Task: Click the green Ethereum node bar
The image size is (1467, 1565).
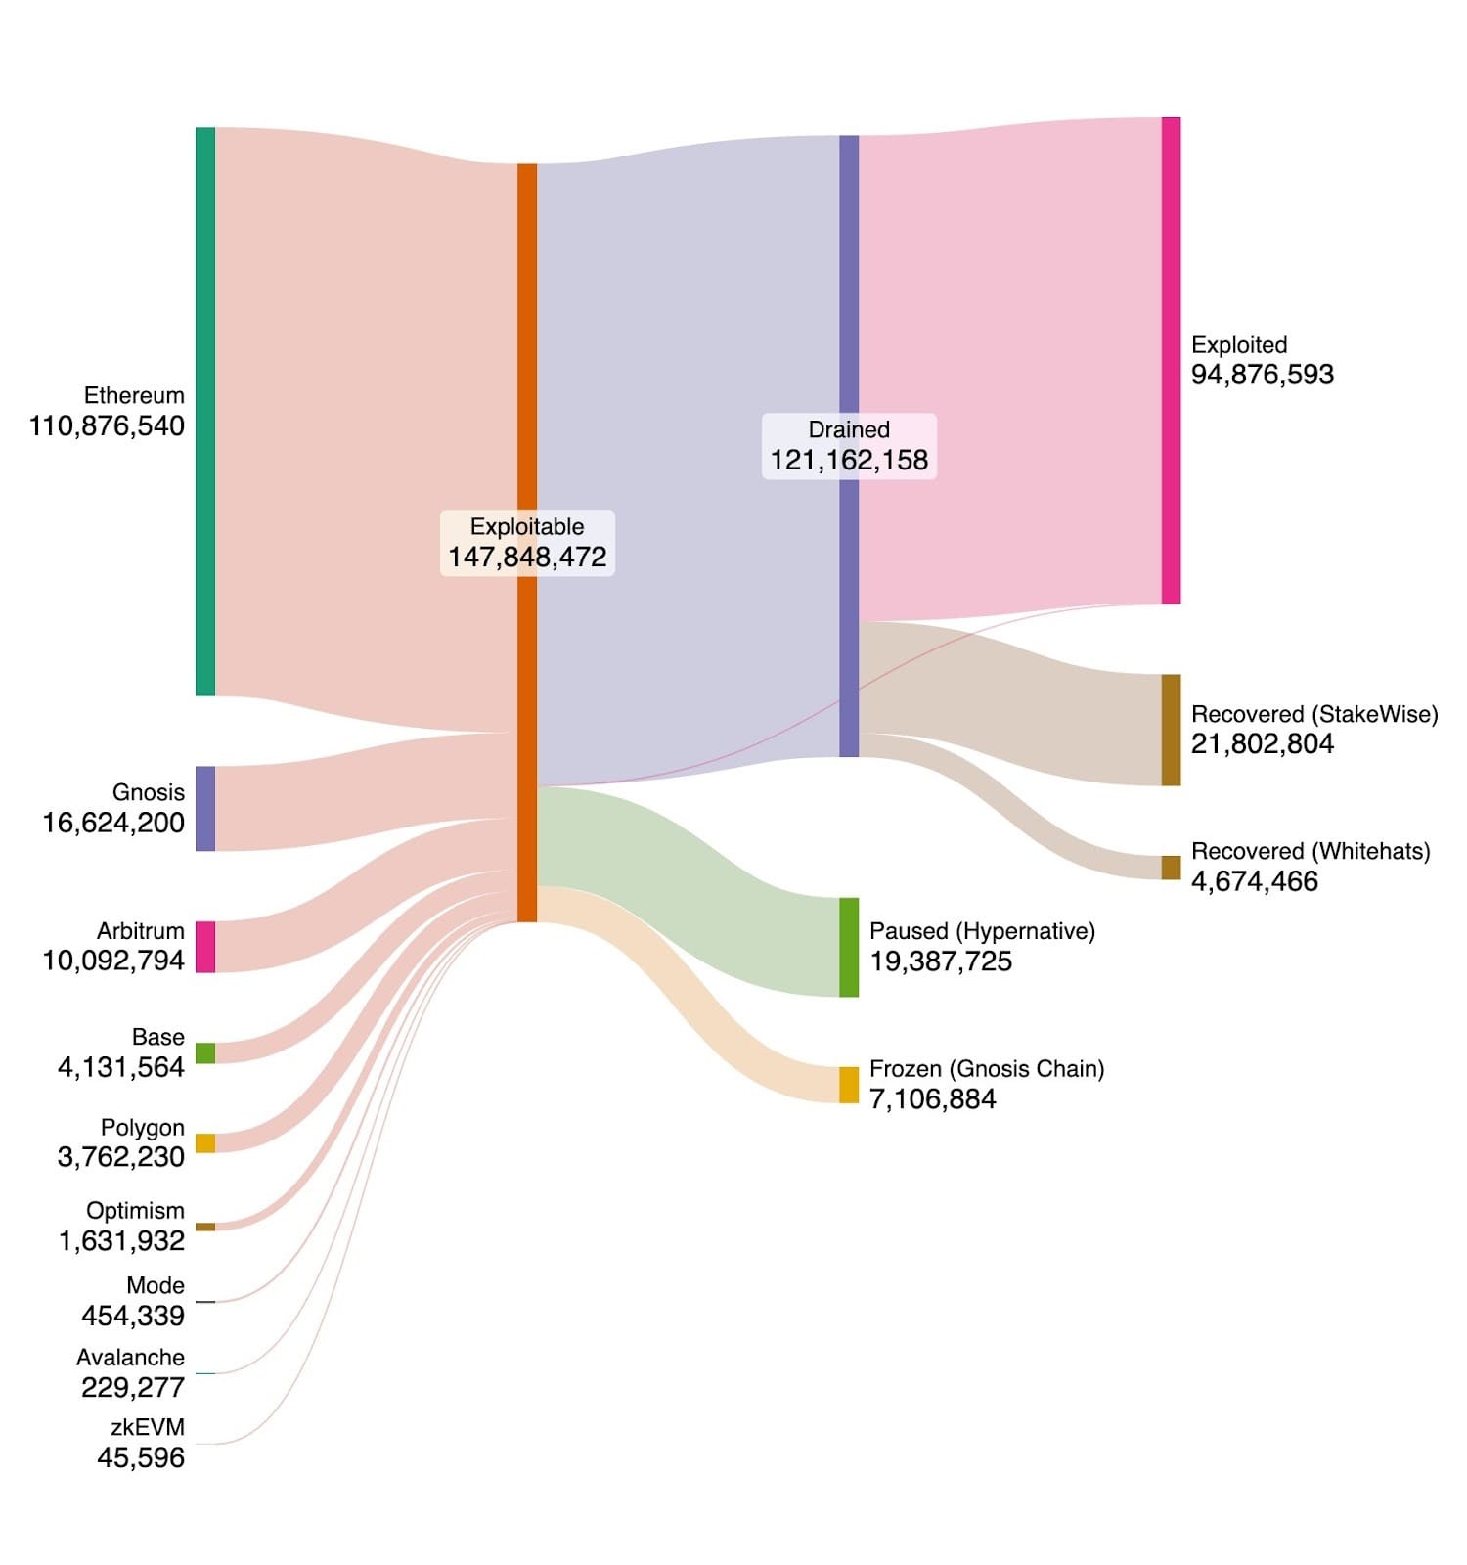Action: click(x=205, y=411)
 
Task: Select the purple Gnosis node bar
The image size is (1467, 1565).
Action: click(x=205, y=808)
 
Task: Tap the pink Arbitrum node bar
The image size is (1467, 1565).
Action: click(x=205, y=947)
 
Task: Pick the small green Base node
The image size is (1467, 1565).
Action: click(x=205, y=1052)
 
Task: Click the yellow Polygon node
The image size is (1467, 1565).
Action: click(x=205, y=1142)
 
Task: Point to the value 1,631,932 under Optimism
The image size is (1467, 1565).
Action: click(x=121, y=1240)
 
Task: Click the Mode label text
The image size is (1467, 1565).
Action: click(x=156, y=1285)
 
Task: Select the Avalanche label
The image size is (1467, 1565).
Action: click(x=130, y=1357)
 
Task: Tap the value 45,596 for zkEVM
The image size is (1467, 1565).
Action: click(x=141, y=1457)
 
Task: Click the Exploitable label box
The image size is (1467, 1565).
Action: click(x=527, y=542)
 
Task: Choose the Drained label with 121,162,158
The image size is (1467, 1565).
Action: click(x=849, y=446)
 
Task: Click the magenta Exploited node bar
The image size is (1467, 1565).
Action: click(x=1171, y=360)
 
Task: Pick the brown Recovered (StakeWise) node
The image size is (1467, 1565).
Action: click(x=1171, y=730)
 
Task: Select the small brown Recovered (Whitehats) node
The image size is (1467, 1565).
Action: click(x=1171, y=868)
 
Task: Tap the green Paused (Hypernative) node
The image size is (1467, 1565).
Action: click(x=849, y=947)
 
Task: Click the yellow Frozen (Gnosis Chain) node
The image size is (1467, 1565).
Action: click(x=849, y=1085)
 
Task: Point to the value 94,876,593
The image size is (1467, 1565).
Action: click(x=1262, y=375)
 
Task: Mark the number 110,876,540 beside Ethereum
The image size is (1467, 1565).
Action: click(x=107, y=425)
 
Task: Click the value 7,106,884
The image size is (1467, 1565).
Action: click(x=932, y=1099)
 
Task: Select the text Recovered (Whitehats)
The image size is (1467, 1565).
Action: click(x=1310, y=851)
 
